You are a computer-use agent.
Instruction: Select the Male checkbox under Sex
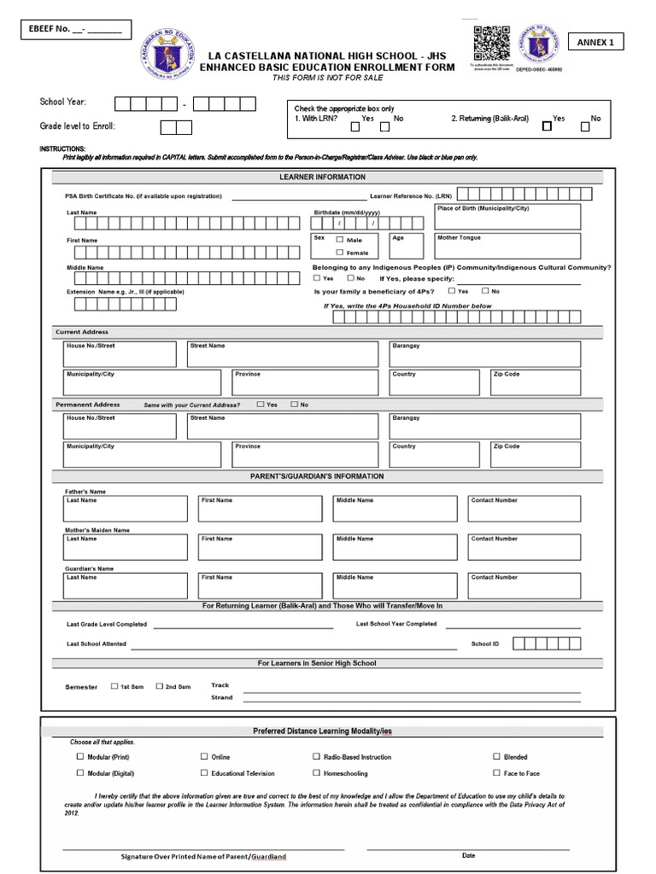[340, 240]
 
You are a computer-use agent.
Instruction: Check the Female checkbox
[340, 253]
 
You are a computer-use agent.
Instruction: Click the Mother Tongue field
[507, 246]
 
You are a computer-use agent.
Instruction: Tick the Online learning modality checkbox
[204, 756]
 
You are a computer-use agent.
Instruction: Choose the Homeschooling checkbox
[317, 773]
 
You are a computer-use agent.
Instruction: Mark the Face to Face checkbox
[497, 773]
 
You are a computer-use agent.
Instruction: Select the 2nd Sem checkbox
[159, 685]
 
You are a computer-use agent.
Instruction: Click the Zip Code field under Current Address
[535, 382]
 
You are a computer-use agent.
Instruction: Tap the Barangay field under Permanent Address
[484, 426]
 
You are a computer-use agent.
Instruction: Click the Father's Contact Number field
[524, 509]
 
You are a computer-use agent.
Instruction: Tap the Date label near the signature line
[468, 855]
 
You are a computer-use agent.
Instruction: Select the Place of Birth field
[507, 216]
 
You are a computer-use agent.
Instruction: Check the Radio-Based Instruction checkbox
[317, 756]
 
